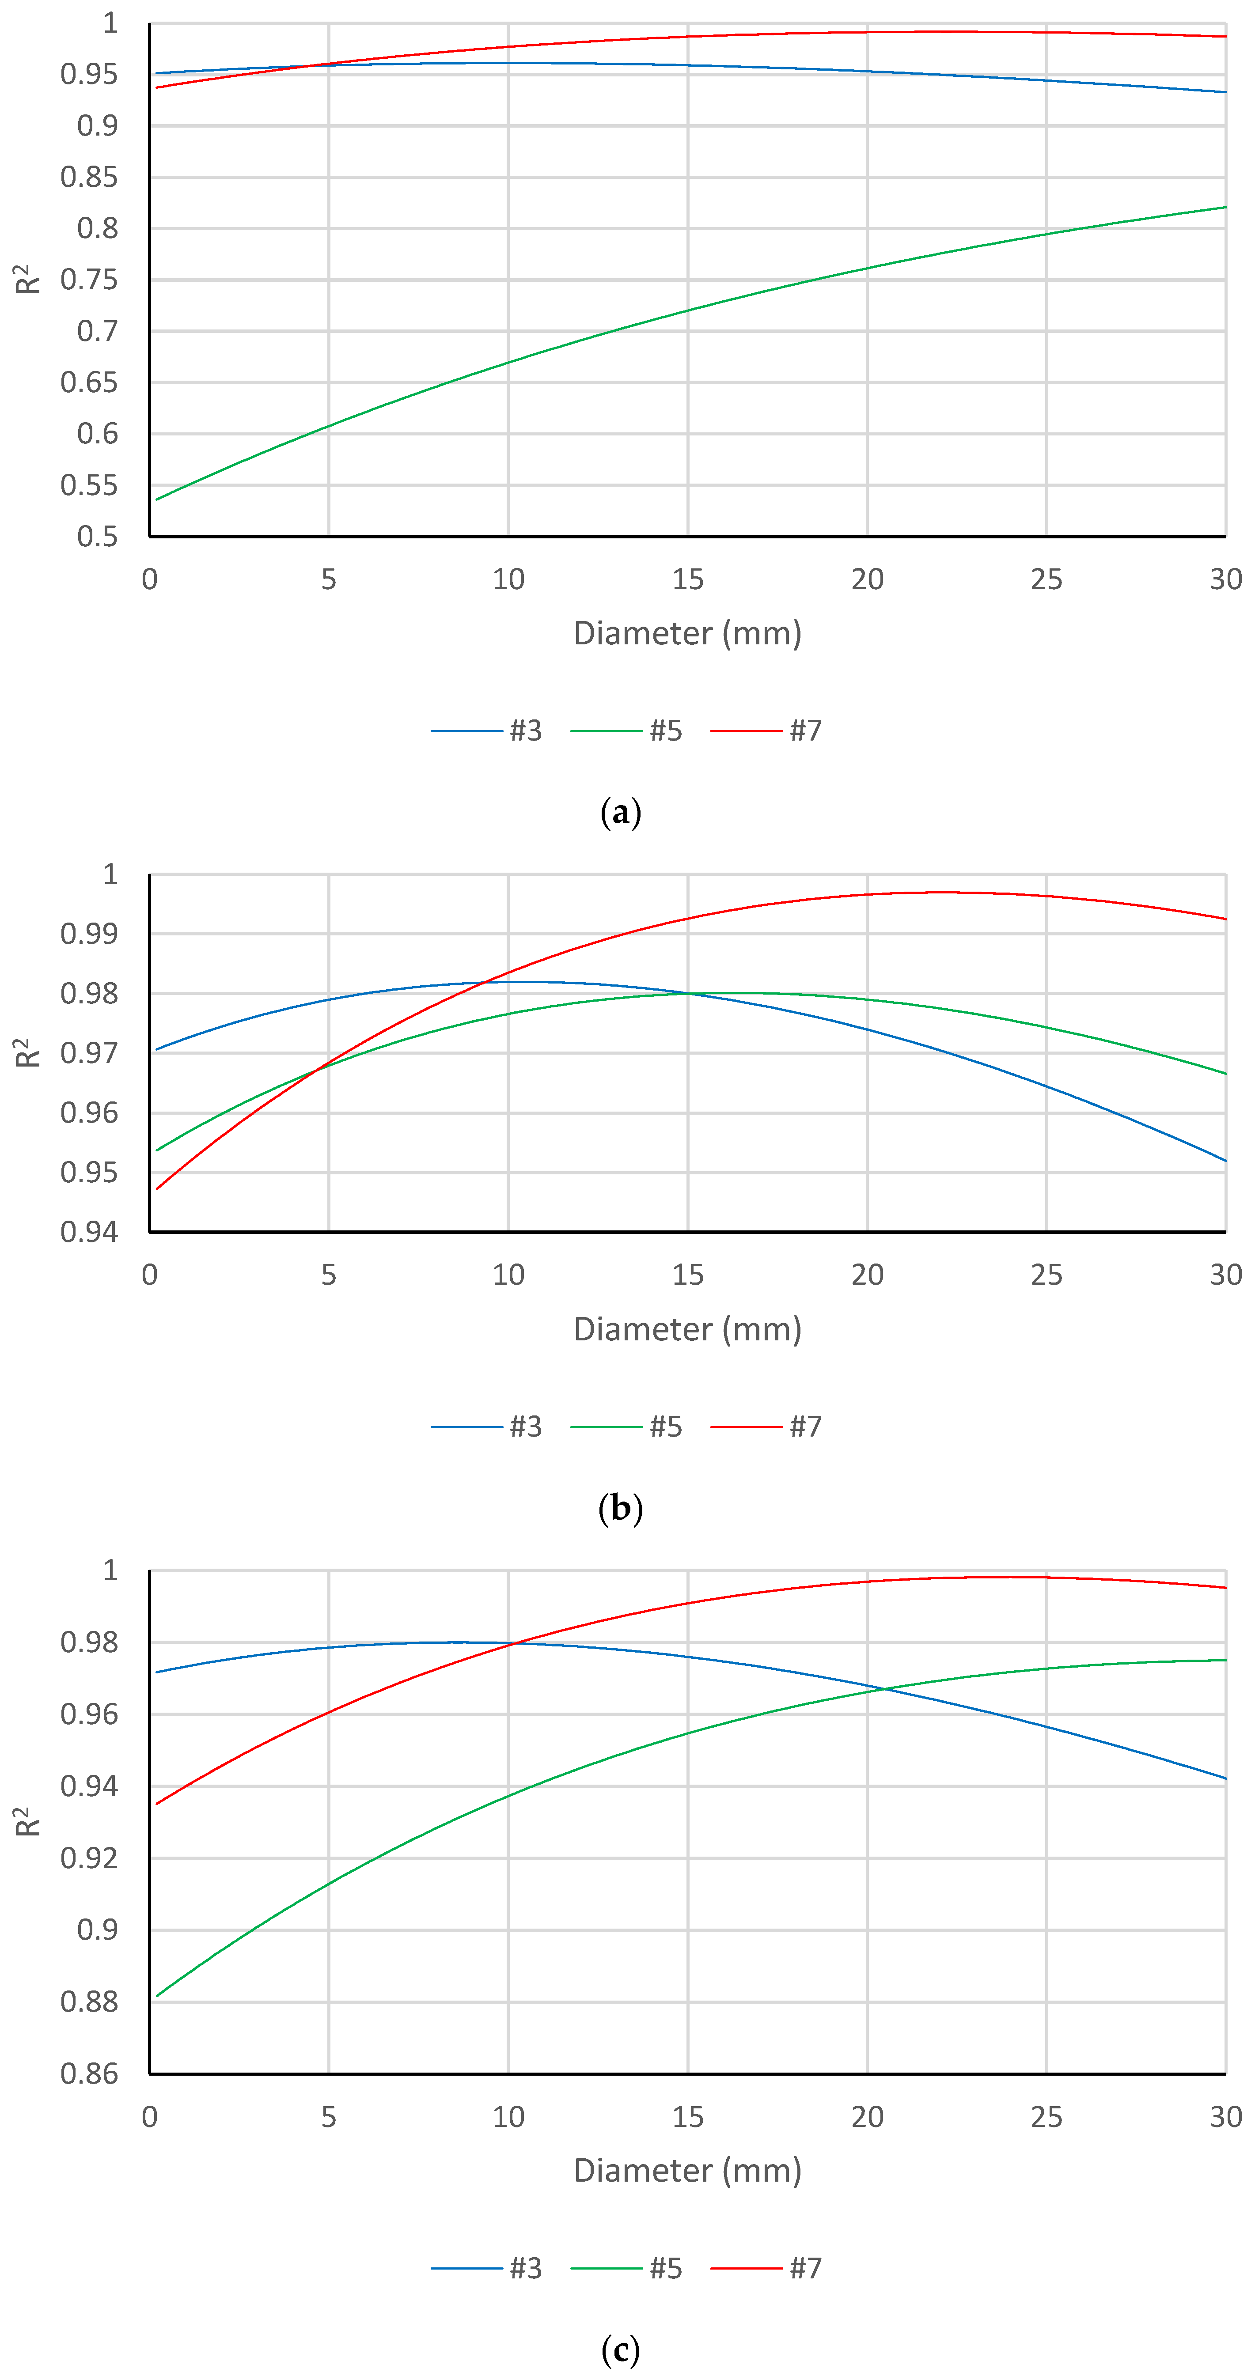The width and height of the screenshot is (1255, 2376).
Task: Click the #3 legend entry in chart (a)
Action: pyautogui.click(x=487, y=730)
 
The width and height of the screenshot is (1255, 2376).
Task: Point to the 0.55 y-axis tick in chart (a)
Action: pyautogui.click(x=90, y=485)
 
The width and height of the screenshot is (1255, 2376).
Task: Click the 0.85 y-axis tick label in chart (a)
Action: pyautogui.click(x=90, y=177)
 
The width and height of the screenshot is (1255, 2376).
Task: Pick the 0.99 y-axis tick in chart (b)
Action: pyautogui.click(x=90, y=934)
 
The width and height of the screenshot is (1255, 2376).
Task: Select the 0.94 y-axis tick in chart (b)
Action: pyautogui.click(x=90, y=1232)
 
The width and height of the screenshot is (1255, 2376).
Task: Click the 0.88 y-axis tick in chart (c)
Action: pyautogui.click(x=90, y=2001)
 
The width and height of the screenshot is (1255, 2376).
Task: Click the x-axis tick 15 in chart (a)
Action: pyautogui.click(x=687, y=579)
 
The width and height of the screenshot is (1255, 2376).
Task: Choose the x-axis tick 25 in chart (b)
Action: pyautogui.click(x=1046, y=1275)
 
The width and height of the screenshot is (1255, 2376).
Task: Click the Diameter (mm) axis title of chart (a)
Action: pyautogui.click(x=687, y=633)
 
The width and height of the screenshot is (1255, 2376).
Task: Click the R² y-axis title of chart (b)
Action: pyautogui.click(x=28, y=1052)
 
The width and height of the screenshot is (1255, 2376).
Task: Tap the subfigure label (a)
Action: pyautogui.click(x=620, y=813)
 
